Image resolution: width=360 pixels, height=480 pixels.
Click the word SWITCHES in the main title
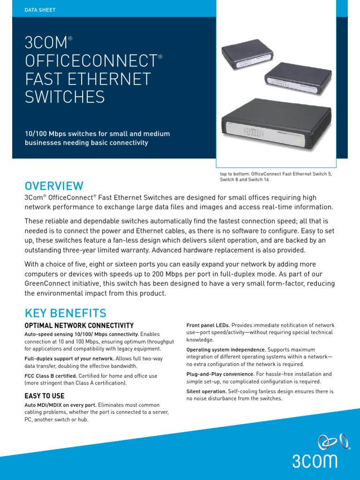coord(65,97)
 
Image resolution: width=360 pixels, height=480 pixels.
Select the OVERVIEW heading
coord(54,186)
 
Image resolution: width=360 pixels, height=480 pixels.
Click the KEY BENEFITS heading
coord(65,313)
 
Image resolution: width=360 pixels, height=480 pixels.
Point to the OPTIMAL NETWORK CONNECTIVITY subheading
coord(79,325)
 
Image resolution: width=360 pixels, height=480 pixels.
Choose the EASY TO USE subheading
coord(45,396)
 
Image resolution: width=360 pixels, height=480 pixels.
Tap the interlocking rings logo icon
coord(333,442)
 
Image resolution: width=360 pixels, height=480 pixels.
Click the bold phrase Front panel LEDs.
coord(208,325)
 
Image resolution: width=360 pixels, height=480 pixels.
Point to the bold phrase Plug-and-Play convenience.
coord(220,374)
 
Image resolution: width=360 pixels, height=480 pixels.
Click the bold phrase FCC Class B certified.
coord(51,376)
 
